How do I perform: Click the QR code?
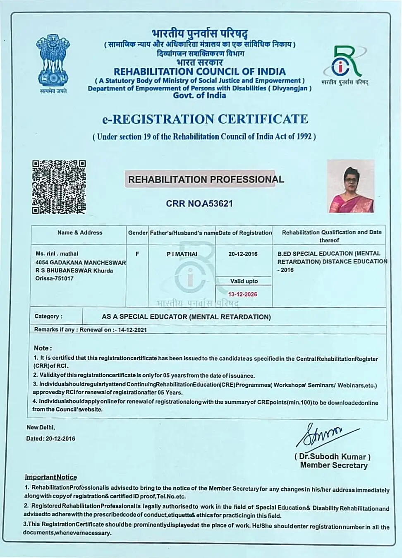tap(59, 187)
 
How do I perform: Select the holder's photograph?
tap(351, 186)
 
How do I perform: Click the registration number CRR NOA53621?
tap(199, 204)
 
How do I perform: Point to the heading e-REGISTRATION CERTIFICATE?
tap(205, 119)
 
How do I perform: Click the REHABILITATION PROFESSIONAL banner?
tap(206, 180)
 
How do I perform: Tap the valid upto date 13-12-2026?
tap(243, 295)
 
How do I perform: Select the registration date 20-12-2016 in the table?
tap(243, 254)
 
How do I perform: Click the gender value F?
tap(137, 254)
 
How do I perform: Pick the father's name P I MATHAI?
tap(182, 254)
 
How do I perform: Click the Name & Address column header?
tap(80, 232)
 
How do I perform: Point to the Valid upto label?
tap(244, 281)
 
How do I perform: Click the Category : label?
tap(48, 316)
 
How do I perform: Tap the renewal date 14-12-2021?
tap(132, 330)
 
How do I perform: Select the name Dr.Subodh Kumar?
tap(333, 457)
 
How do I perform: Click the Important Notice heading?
tap(51, 477)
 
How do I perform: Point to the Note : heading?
tap(43, 348)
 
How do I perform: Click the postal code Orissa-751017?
tap(55, 278)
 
